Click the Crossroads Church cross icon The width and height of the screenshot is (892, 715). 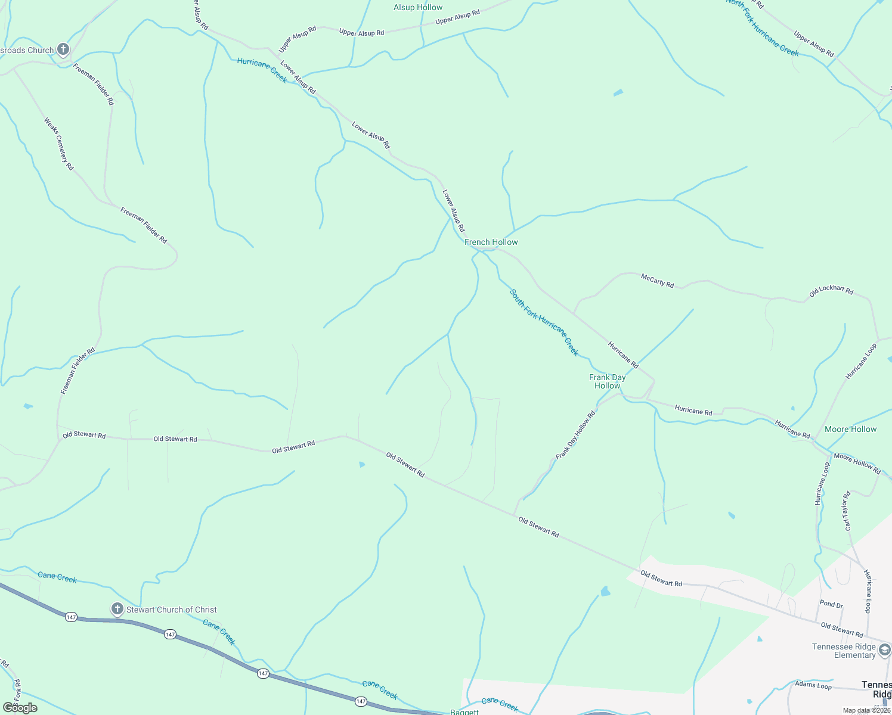[63, 49]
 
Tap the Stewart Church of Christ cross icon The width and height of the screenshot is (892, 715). [117, 609]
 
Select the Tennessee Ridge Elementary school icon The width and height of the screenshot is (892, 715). [884, 649]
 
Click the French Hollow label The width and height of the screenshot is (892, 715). [491, 242]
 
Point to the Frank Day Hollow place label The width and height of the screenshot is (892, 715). [607, 381]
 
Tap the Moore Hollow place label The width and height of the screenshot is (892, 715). [850, 429]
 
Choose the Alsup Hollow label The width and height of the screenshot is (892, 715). [418, 7]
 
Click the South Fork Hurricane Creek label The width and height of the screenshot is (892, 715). [544, 322]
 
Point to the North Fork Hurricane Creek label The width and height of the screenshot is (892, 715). [763, 29]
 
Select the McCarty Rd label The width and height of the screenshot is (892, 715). [657, 280]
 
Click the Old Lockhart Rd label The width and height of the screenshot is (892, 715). [831, 291]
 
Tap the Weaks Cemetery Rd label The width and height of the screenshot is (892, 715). [58, 144]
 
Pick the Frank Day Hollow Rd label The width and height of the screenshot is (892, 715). [575, 435]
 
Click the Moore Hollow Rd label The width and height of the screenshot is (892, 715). [857, 464]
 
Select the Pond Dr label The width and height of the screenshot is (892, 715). [831, 604]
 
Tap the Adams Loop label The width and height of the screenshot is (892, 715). [813, 685]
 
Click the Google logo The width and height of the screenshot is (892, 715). [20, 708]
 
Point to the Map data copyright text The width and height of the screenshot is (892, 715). [866, 710]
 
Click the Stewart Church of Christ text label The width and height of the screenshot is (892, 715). [171, 610]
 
